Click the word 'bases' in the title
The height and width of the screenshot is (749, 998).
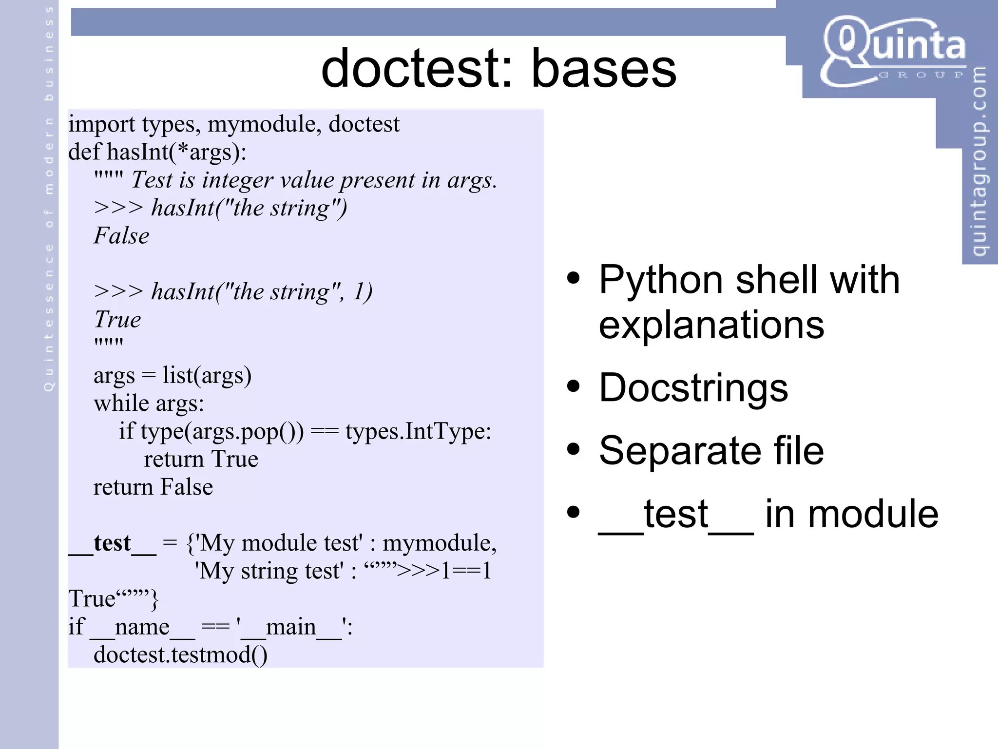click(604, 69)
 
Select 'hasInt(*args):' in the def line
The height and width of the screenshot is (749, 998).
click(176, 152)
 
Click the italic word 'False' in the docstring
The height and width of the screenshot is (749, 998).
click(121, 236)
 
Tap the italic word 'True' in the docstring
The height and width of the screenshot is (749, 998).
click(117, 320)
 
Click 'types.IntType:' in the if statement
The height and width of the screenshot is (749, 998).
click(418, 431)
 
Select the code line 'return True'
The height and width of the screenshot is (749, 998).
click(201, 459)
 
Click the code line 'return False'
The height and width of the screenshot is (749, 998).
click(153, 487)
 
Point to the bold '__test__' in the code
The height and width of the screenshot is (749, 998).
click(113, 543)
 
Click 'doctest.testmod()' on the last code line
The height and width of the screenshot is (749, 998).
click(180, 654)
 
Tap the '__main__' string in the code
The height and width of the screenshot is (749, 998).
click(291, 627)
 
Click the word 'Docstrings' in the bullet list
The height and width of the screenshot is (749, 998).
click(693, 388)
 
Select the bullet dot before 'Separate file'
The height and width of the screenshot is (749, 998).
click(574, 450)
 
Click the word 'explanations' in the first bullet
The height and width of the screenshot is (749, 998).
click(711, 325)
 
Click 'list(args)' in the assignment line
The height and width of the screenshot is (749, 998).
click(207, 376)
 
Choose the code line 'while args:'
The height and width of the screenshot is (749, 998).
click(149, 403)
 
